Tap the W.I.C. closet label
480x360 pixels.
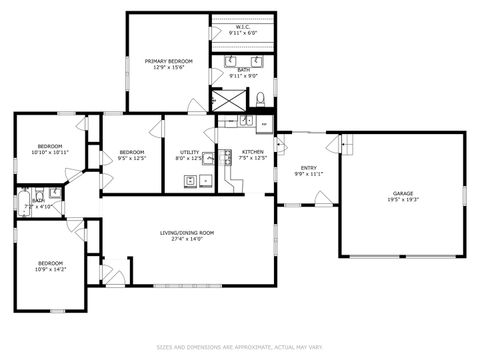click(x=243, y=26)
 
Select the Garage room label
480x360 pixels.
click(x=402, y=193)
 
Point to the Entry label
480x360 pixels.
click(x=309, y=167)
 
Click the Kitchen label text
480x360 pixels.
click(x=253, y=151)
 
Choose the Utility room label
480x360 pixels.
click(x=189, y=151)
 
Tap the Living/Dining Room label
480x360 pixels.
click(x=187, y=233)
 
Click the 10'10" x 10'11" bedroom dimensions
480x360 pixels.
click(x=49, y=153)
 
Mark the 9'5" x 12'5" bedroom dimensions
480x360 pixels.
click(x=132, y=158)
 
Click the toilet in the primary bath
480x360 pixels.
click(x=260, y=98)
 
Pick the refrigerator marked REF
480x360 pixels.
click(x=263, y=125)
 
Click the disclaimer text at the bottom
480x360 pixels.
click(x=239, y=347)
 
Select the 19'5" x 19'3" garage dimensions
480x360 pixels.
click(x=402, y=201)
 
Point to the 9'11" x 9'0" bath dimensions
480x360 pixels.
click(x=243, y=75)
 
